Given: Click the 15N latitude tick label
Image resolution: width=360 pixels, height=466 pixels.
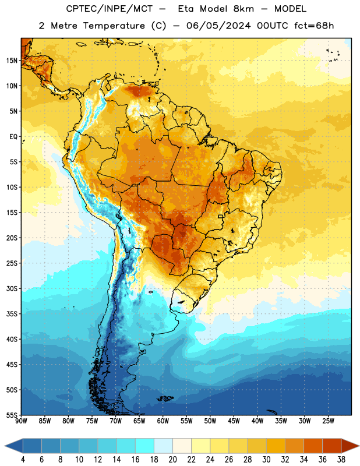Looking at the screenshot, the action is pyautogui.click(x=12, y=61).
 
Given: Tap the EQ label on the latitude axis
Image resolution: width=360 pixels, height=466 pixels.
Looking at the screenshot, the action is pyautogui.click(x=13, y=137).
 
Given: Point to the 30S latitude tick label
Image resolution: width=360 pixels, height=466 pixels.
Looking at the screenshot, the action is pyautogui.click(x=12, y=288).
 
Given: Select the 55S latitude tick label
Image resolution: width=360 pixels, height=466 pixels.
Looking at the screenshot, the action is pyautogui.click(x=12, y=415).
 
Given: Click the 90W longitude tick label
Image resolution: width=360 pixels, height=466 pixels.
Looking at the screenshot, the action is pyautogui.click(x=21, y=421).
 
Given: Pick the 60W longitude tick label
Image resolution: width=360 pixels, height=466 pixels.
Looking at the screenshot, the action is pyautogui.click(x=163, y=421).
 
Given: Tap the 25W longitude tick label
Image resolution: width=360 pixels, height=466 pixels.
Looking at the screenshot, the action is pyautogui.click(x=328, y=421).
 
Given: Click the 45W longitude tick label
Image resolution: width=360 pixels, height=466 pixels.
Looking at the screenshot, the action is pyautogui.click(x=234, y=421).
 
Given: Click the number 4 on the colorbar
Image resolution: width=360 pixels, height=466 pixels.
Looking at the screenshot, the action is pyautogui.click(x=23, y=460).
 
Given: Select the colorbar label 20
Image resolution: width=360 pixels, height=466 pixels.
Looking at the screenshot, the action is pyautogui.click(x=172, y=460).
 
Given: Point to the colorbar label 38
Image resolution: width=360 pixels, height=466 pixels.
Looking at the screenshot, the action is pyautogui.click(x=341, y=460).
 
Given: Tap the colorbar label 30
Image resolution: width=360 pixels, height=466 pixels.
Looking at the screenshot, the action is pyautogui.click(x=266, y=460).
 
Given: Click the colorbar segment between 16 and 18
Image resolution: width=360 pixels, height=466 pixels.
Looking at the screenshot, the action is pyautogui.click(x=145, y=446).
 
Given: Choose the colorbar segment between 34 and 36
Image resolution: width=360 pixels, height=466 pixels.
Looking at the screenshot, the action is pyautogui.click(x=313, y=446).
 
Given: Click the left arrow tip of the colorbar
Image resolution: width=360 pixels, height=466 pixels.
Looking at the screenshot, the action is pyautogui.click(x=5, y=446).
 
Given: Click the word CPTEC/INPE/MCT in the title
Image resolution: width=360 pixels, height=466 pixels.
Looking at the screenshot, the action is pyautogui.click(x=109, y=9).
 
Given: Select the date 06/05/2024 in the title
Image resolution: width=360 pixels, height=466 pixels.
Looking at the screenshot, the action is pyautogui.click(x=218, y=26).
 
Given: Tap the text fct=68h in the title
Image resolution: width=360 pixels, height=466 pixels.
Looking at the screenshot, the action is pyautogui.click(x=314, y=26).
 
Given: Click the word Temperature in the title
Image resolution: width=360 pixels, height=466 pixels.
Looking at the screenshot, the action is pyautogui.click(x=114, y=26).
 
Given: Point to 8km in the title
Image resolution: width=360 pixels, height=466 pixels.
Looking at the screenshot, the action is pyautogui.click(x=243, y=9).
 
